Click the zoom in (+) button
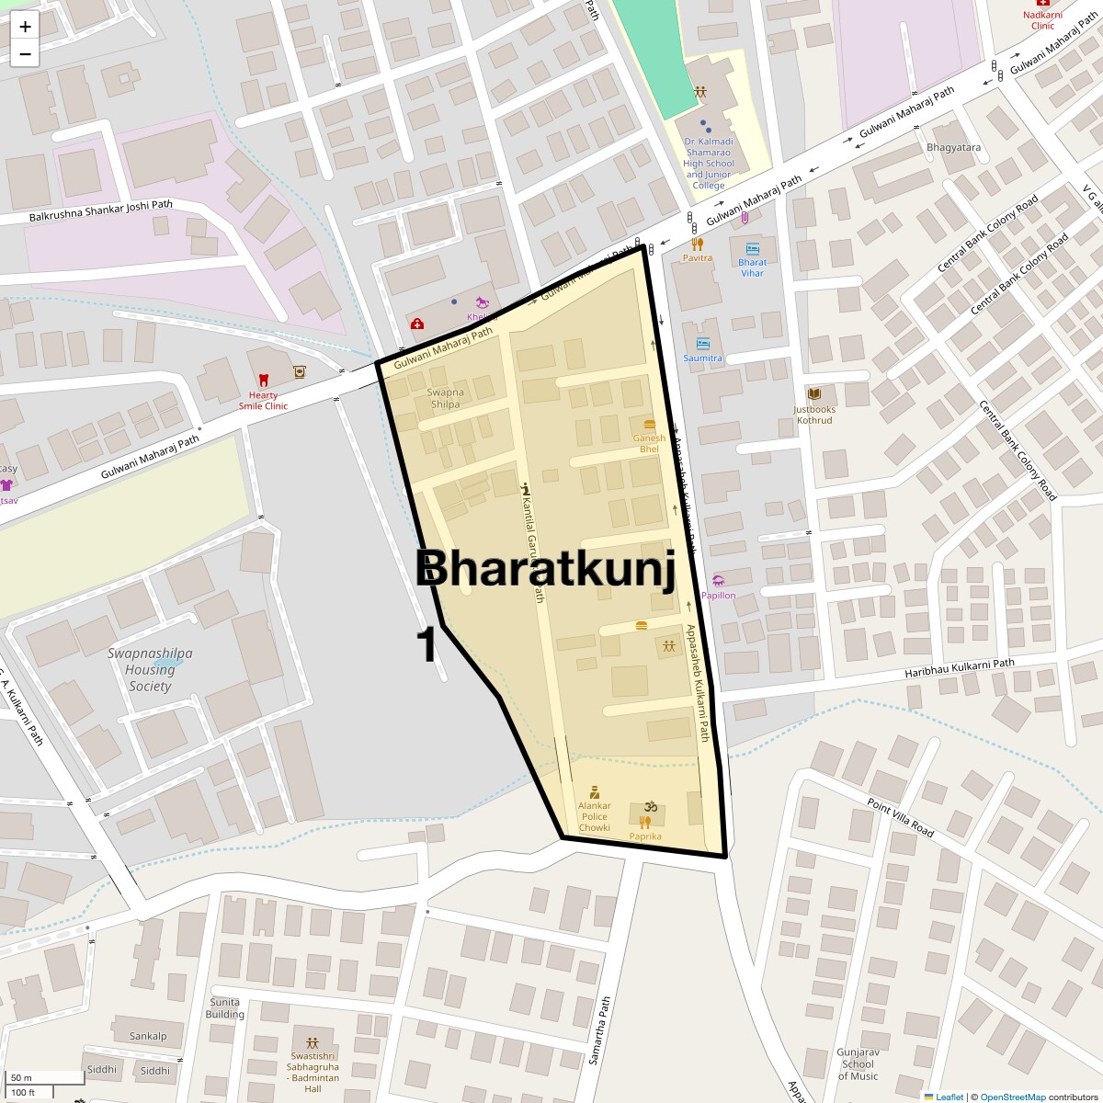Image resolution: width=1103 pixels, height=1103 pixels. point(25,27)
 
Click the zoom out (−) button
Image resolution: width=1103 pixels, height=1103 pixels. point(25,53)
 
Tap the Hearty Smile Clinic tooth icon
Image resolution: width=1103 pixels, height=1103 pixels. point(263,379)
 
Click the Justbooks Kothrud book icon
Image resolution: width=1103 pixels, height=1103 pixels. point(813,393)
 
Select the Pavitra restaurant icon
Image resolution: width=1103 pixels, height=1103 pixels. point(697,244)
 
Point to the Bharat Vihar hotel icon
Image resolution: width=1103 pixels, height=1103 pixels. point(753,248)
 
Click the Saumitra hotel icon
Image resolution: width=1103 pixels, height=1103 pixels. point(703,344)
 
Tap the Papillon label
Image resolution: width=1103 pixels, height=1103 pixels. point(719,596)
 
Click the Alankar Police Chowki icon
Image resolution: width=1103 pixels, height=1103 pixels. point(594,791)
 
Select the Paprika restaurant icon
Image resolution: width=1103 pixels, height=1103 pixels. point(644,823)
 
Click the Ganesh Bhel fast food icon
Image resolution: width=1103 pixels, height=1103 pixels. point(650,425)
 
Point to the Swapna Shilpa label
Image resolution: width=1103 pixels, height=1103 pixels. point(445,398)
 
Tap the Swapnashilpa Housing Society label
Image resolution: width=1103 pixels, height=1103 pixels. point(150,669)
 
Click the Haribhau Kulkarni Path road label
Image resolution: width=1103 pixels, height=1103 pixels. point(959,668)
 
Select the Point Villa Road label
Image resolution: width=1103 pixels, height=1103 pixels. point(900,817)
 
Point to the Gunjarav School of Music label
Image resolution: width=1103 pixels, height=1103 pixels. point(858,1063)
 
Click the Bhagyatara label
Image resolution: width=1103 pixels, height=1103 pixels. point(953,147)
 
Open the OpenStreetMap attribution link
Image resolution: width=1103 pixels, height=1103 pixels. point(1012,1097)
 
